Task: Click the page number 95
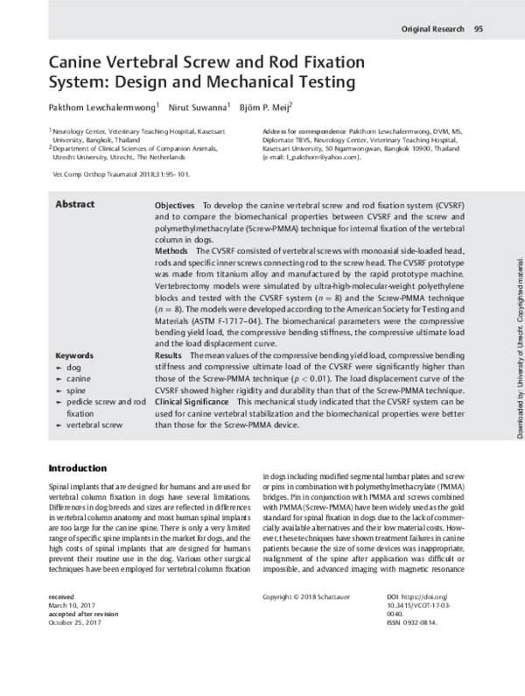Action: (479, 29)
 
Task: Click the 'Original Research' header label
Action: (431, 29)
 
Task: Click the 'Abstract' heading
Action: (75, 204)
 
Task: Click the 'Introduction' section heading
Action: (78, 468)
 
